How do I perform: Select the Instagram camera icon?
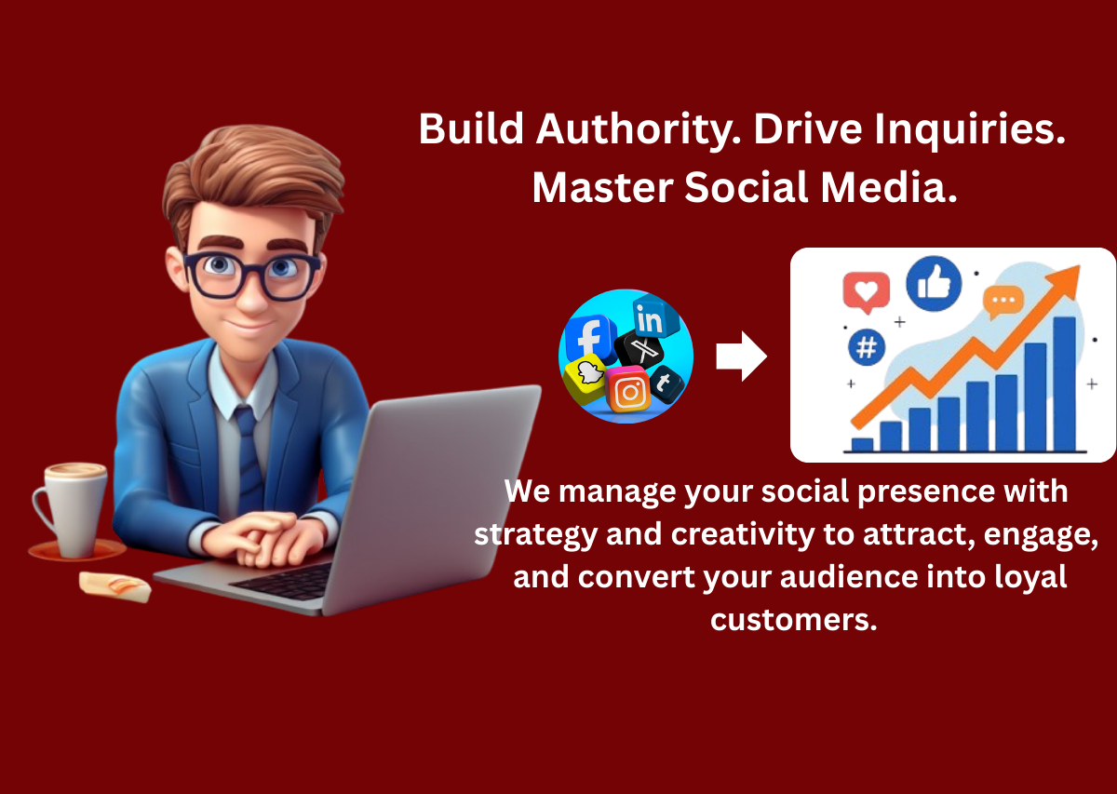tap(630, 392)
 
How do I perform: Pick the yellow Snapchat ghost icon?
tap(587, 377)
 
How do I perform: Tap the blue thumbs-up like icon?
tap(934, 284)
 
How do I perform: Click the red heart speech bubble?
tap(866, 292)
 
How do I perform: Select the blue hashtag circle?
tap(867, 348)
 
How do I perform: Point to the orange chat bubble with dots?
tap(1003, 302)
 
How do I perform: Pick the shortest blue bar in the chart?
tap(863, 444)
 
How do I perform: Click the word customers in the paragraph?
tap(793, 618)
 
